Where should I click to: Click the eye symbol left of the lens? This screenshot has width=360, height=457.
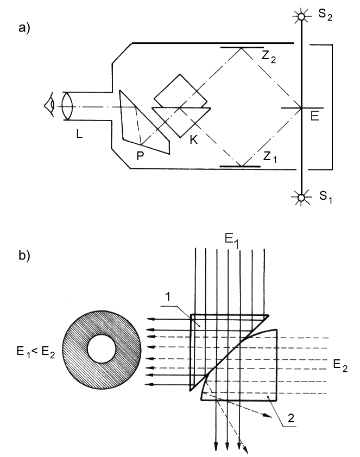pyautogui.click(x=49, y=105)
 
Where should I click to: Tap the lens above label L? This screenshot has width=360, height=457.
pyautogui.click(x=67, y=106)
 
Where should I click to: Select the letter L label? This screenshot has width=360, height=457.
pyautogui.click(x=79, y=134)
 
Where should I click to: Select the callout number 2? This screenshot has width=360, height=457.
pyautogui.click(x=292, y=418)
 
